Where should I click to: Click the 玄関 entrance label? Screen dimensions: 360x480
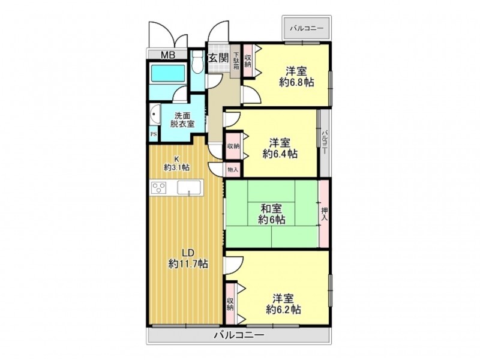point(218,58)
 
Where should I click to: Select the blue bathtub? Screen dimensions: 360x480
point(169,74)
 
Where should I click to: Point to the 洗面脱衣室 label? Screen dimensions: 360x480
point(182,119)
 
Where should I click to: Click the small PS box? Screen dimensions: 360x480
point(154,134)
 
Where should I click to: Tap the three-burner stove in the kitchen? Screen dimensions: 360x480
point(160,188)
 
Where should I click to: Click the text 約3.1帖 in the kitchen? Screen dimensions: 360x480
point(177,167)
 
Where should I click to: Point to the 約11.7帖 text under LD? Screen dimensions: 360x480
point(188,263)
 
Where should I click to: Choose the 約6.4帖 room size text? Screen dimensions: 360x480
point(280,154)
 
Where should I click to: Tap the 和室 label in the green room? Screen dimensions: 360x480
point(272,209)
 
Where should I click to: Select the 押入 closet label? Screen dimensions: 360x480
point(324,214)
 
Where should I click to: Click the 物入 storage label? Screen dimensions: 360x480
point(233,170)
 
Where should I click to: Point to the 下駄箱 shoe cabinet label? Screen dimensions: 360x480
point(236,60)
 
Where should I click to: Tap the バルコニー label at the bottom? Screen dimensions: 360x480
point(238,335)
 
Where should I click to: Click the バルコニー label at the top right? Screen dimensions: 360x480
point(307,28)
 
